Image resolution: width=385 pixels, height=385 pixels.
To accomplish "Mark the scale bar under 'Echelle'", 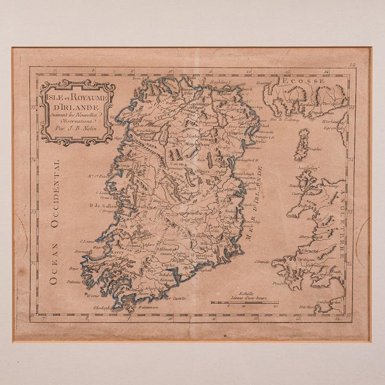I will pos(244,302).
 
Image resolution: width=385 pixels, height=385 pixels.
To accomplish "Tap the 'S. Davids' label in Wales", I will pos(260,262).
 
